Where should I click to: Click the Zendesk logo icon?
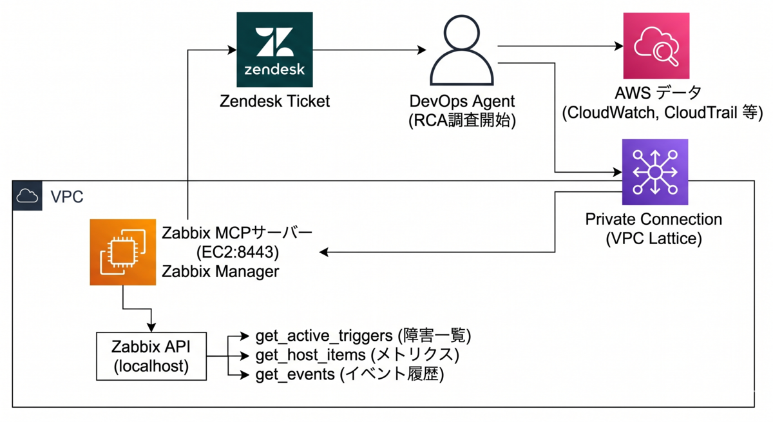[274, 50]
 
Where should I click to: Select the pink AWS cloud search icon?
[656, 46]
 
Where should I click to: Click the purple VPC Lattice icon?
[655, 172]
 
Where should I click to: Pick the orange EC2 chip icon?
[123, 253]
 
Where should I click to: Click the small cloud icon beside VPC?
[27, 196]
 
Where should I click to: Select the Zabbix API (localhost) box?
[151, 356]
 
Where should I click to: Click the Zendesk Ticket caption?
[274, 101]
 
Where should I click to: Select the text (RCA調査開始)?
[462, 120]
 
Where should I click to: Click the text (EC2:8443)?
[238, 253]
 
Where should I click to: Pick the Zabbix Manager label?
[220, 271]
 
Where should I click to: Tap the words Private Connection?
[654, 219]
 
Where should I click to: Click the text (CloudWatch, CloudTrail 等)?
[662, 113]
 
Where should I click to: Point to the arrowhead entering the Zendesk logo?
[233, 50]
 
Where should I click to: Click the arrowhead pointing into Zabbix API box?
[151, 327]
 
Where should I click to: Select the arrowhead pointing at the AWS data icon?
[619, 46]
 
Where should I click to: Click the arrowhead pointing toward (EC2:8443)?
[323, 253]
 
